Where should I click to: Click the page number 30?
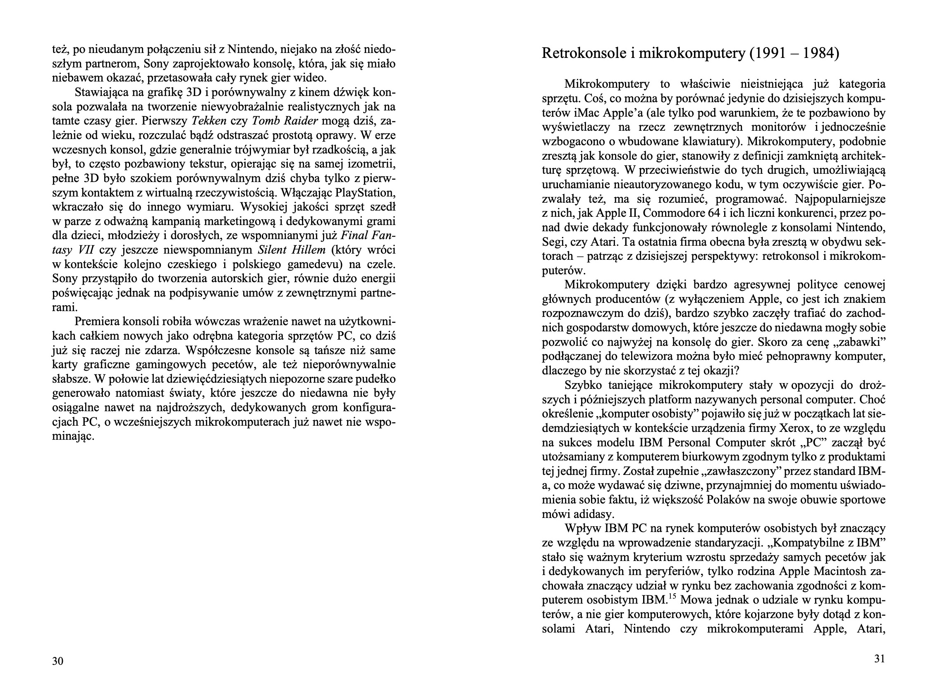(x=57, y=661)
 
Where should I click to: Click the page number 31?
(x=880, y=659)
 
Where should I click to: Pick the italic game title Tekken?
(x=209, y=121)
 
